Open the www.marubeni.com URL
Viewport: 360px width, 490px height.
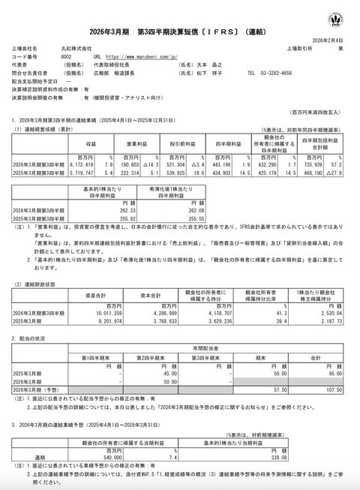point(139,56)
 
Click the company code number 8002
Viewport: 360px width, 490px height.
point(67,56)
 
